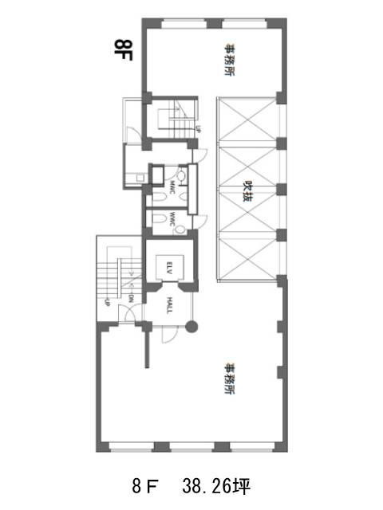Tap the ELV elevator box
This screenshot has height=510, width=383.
point(169,269)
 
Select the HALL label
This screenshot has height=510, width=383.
point(169,304)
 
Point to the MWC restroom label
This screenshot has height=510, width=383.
point(172,188)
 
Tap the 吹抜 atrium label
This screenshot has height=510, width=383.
point(247,189)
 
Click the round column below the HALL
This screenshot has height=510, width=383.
point(191,325)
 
